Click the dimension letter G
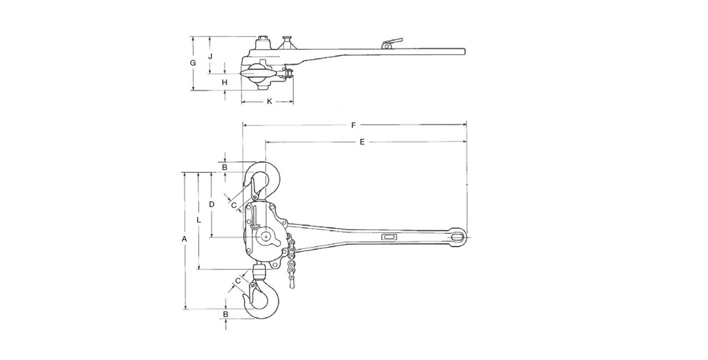coord(192,63)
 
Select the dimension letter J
coord(210,56)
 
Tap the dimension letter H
coord(224,82)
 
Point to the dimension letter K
coord(269,102)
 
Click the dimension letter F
coord(353,126)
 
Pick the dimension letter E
coord(362,142)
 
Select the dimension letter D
coord(211,204)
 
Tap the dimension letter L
coord(199,220)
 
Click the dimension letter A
coord(185,239)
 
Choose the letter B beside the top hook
coord(225,167)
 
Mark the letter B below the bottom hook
coord(225,314)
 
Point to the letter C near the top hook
coord(234,205)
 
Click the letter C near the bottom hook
coord(238,281)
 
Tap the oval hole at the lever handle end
coord(457,237)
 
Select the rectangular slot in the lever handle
coord(389,237)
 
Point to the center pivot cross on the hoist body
coord(267,236)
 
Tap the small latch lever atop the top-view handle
coord(392,42)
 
